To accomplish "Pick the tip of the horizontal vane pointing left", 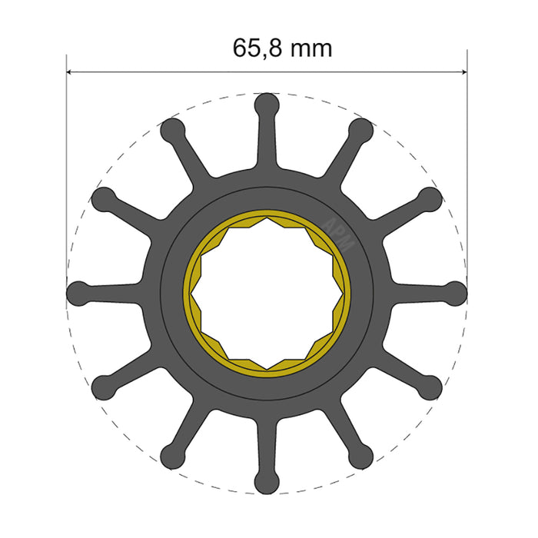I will pyautogui.click(x=78, y=293).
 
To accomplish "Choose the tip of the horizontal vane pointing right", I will pyautogui.click(x=457, y=293).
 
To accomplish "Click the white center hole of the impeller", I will pyautogui.click(x=267, y=293).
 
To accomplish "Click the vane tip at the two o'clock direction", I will pyautogui.click(x=431, y=198).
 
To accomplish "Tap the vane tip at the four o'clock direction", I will pyautogui.click(x=431, y=387).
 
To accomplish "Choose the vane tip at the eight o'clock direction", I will pyautogui.click(x=103, y=387).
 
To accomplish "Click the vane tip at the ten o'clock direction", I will pyautogui.click(x=103, y=198).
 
